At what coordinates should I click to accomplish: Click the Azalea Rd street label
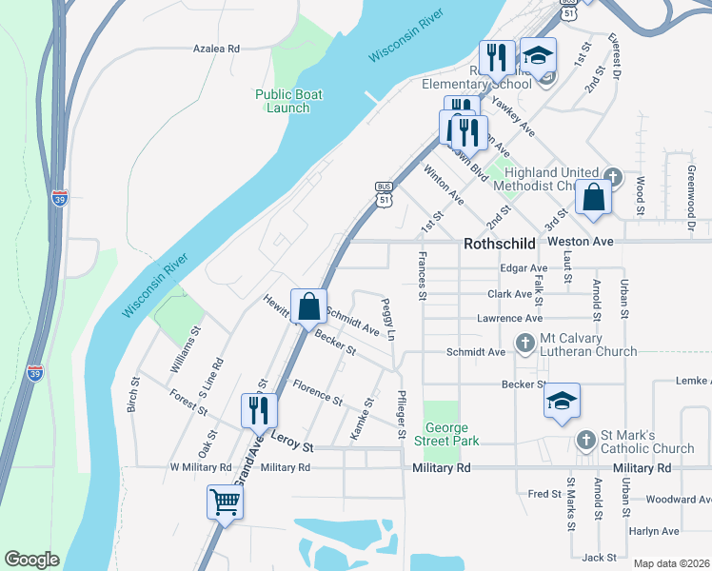click(215, 48)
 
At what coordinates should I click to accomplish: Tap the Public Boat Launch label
click(288, 101)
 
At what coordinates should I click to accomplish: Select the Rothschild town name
click(500, 244)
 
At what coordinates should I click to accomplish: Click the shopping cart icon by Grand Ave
click(225, 502)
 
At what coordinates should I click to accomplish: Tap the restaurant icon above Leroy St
click(259, 409)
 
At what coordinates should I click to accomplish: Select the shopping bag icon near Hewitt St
click(308, 306)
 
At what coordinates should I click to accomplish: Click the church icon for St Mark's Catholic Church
click(586, 441)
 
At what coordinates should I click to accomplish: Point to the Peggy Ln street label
click(388, 321)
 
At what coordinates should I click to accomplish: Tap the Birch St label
click(132, 400)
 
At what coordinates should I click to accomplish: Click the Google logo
click(31, 560)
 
